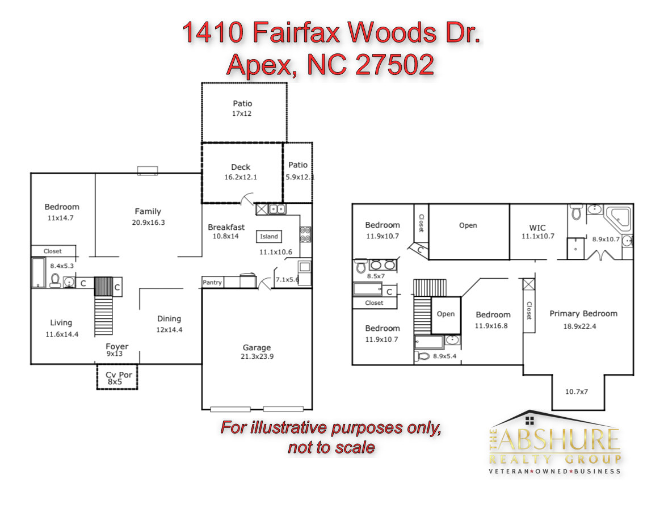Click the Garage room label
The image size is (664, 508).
[x=257, y=347]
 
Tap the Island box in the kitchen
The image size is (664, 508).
[x=269, y=237]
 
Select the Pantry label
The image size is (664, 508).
[x=212, y=282]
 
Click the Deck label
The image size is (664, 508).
[x=241, y=167]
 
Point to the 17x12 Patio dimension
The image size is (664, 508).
[x=241, y=114]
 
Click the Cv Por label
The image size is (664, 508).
[x=119, y=375]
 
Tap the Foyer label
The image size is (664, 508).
[x=117, y=346]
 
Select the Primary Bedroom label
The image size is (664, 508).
[x=583, y=313]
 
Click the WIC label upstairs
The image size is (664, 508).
[x=537, y=228]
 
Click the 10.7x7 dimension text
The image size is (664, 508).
[x=577, y=392]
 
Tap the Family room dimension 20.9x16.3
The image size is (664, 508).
[x=148, y=222]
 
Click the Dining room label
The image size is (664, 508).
[x=169, y=318]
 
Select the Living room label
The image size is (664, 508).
[x=61, y=323]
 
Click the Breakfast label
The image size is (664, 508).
[x=226, y=227]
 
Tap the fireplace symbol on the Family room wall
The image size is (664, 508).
[x=148, y=170]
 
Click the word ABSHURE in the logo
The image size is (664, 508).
[x=560, y=440]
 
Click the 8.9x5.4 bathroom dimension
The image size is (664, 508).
[x=444, y=356]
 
